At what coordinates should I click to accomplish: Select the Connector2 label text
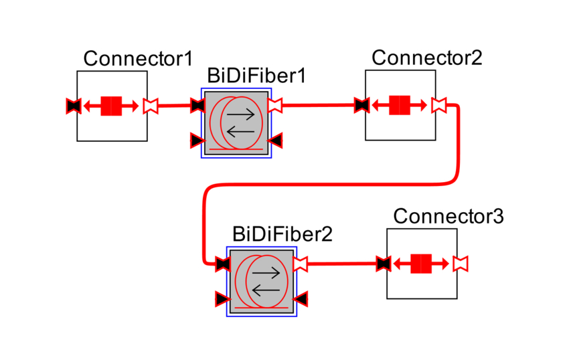click(426, 58)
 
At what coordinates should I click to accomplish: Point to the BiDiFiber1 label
click(256, 76)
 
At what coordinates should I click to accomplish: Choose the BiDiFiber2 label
click(282, 234)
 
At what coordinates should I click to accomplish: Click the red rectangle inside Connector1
click(110, 106)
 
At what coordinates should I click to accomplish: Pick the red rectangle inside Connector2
click(400, 105)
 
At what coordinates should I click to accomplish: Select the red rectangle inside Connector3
click(421, 264)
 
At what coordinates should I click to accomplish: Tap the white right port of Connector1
click(151, 106)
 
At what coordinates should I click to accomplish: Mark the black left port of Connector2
click(361, 105)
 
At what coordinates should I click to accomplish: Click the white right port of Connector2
click(439, 105)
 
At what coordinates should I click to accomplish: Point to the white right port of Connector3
click(461, 264)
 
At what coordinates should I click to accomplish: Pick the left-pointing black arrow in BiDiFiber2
click(266, 290)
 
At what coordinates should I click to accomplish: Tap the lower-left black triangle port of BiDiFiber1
click(197, 140)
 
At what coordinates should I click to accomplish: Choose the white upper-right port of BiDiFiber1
click(275, 105)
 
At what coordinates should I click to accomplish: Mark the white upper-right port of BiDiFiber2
click(301, 263)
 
